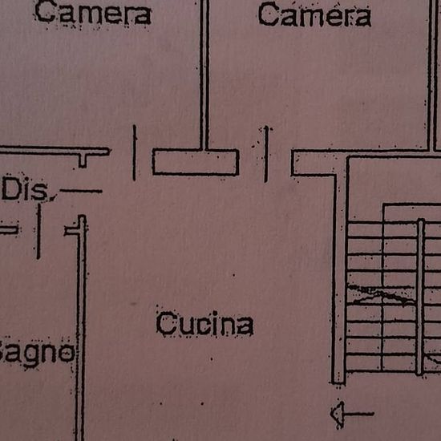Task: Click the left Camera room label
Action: coord(93,14)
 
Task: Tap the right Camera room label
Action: coord(314,14)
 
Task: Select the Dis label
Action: coord(25,189)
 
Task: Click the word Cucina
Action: coord(204,323)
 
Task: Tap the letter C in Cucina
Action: coord(167,323)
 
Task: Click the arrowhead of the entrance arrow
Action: coord(338,414)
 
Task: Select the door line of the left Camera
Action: coord(135,152)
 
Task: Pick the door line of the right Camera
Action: coord(266,154)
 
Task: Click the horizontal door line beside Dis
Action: coord(81,192)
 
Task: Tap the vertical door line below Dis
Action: coord(38,231)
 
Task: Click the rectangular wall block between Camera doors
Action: coord(196,162)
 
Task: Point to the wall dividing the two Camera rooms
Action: coord(204,75)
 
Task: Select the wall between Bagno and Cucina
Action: coord(81,328)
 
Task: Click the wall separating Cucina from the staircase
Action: coord(341,270)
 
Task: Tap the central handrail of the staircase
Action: coord(420,297)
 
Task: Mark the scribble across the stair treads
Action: coord(381,295)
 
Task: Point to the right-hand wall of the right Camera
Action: coord(432,75)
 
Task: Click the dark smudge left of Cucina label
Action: coord(133,304)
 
